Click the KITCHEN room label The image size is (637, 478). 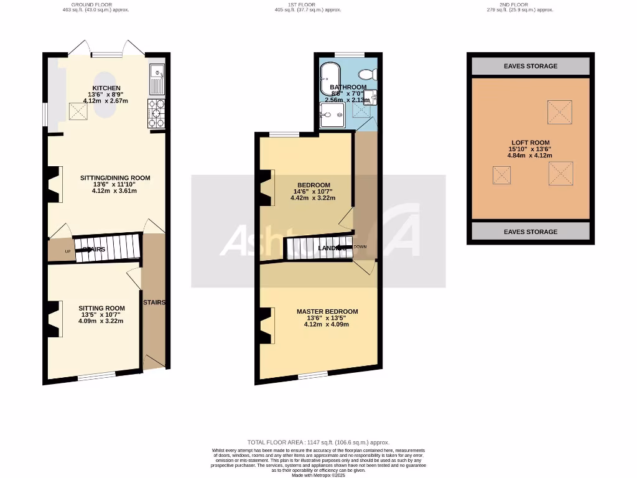pos(106,88)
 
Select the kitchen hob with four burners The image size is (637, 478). pos(156,113)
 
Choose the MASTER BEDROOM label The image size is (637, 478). pos(327,311)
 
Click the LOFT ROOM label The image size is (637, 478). pos(530,143)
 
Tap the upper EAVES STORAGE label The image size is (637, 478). pos(530,66)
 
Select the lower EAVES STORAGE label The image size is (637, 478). pos(530,232)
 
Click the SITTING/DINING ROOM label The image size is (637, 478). pos(115,178)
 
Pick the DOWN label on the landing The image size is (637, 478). pos(361,247)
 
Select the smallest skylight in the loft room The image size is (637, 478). pos(501,175)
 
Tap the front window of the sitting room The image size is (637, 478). pos(96,375)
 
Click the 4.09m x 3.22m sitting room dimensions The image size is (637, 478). pos(101,321)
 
